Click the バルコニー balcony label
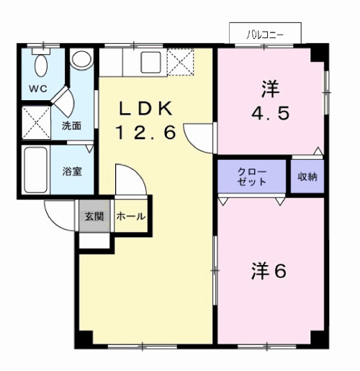(x=264, y=34)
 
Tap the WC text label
(x=37, y=89)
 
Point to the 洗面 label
(x=71, y=125)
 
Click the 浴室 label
(x=71, y=172)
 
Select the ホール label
(x=130, y=216)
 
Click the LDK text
(x=146, y=108)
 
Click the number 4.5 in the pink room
(x=270, y=113)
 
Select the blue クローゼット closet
(x=252, y=176)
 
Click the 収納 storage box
(x=307, y=176)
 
